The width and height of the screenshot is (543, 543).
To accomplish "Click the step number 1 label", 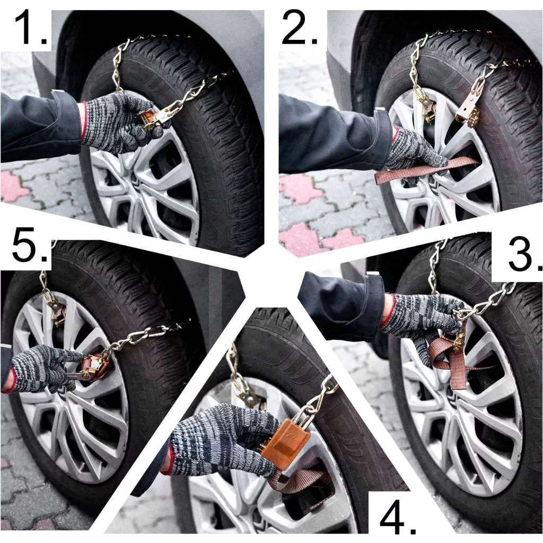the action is (x=30, y=28).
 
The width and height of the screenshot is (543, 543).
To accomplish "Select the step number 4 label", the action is (x=398, y=516).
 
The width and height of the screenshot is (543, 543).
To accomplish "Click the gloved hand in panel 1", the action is (x=121, y=123).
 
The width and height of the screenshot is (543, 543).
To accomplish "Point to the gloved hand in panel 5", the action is (x=43, y=369).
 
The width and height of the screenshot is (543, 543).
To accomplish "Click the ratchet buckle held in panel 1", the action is (x=154, y=117).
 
